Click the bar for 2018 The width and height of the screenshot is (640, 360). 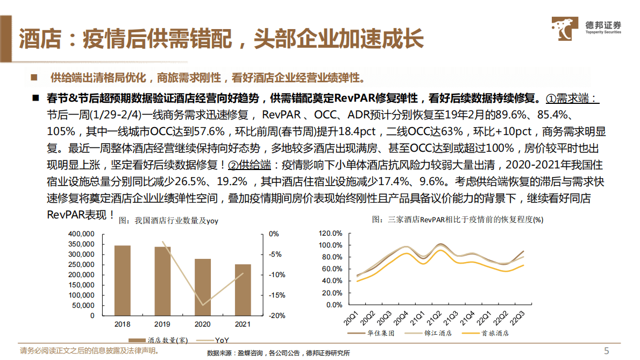click(123, 280)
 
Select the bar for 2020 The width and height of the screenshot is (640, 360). click(203, 287)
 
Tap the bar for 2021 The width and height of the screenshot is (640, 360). click(243, 290)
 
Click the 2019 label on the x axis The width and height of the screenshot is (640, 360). click(162, 324)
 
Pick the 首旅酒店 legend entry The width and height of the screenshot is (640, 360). click(491, 334)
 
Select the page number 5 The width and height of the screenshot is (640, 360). click(607, 351)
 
